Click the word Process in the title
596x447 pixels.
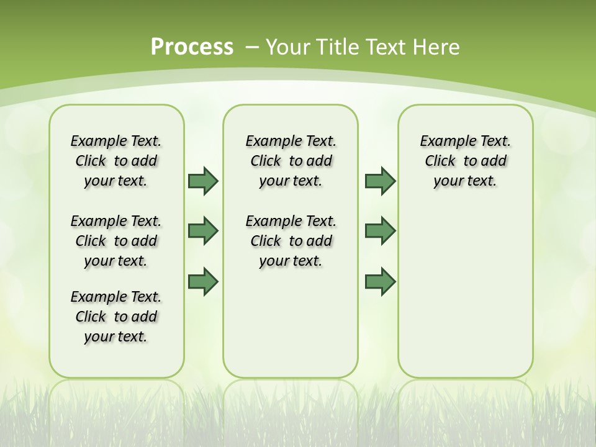192,47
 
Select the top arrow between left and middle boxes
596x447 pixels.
203,181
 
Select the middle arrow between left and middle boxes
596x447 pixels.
203,231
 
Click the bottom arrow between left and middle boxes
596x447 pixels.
203,281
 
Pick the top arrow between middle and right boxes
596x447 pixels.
380,181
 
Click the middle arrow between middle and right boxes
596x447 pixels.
380,231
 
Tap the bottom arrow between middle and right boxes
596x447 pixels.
380,281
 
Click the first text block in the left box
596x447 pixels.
116,161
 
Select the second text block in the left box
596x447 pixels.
116,241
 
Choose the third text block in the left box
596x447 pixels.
116,317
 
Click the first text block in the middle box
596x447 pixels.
291,161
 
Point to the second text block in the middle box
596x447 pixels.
291,241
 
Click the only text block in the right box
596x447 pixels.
465,161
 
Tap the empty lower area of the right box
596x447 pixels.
465,292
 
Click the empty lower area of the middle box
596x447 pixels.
291,323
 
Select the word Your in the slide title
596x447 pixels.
289,47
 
